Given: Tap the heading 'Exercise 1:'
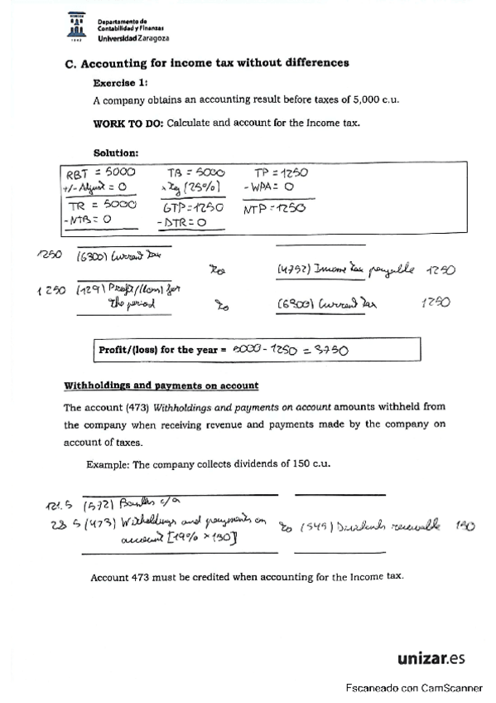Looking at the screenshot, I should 121,82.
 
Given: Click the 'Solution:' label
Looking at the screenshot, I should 116,153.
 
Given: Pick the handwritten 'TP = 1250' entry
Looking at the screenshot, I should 281,172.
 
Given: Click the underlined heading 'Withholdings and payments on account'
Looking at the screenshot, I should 161,385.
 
